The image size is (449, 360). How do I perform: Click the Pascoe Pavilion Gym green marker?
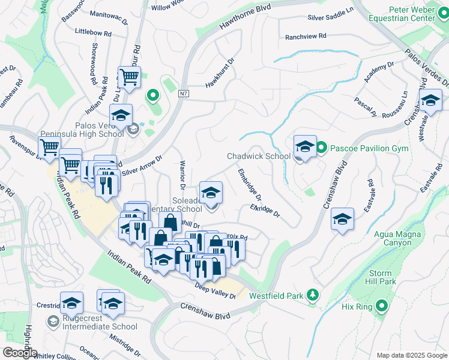[321, 148]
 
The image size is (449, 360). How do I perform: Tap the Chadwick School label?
[258, 157]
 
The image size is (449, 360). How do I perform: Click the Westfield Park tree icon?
[312, 295]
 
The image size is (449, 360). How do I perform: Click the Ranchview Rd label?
[306, 37]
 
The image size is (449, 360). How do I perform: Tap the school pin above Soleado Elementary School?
[210, 193]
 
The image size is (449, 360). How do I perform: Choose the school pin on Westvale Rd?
[430, 101]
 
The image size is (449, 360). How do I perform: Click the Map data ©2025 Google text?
[411, 355]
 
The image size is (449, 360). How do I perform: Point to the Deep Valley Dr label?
[215, 292]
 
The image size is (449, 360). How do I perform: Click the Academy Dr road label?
[379, 71]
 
